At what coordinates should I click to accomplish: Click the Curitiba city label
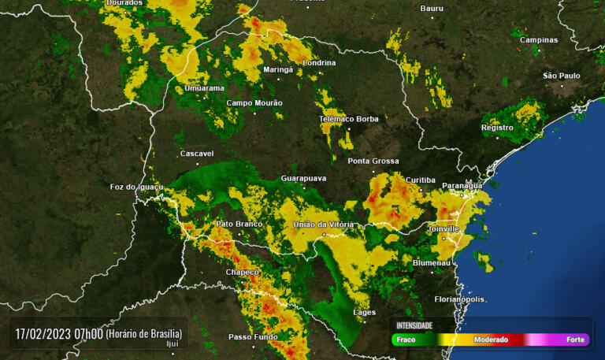coord(420,180)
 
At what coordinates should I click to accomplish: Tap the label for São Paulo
coord(562,76)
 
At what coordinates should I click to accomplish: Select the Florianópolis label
coord(459,299)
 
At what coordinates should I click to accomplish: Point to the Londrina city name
coord(318,63)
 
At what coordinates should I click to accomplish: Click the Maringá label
coord(277,69)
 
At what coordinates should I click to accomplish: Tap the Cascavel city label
coord(197,154)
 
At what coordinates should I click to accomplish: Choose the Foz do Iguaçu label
coord(136,187)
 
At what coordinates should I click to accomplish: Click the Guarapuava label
coord(303,179)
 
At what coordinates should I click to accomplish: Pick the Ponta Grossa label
coord(373,161)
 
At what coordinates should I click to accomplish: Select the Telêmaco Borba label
coord(348,119)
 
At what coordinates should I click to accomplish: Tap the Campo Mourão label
coord(254,102)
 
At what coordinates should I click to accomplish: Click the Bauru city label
coord(432,8)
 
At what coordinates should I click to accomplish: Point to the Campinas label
coord(539,40)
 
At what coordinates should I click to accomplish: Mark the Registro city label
coord(497,128)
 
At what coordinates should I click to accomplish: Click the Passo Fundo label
coord(253,337)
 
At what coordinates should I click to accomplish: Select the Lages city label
coord(364,313)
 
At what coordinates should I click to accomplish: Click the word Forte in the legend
coord(575,340)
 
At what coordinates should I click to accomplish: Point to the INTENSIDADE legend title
coord(414,325)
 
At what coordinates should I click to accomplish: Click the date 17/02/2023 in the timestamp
coord(43,333)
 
